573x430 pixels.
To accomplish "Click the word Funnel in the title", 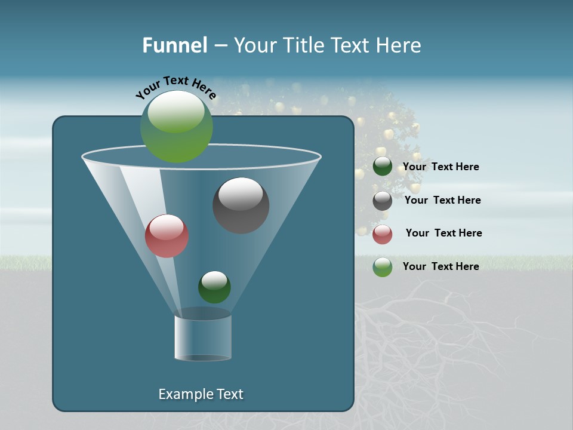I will click(174, 45).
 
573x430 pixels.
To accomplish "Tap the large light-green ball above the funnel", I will click(177, 127).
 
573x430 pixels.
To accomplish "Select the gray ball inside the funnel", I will click(241, 205).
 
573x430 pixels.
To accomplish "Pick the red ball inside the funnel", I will click(167, 236).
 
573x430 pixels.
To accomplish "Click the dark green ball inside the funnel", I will click(214, 287).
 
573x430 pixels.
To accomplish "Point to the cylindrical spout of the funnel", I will click(203, 337).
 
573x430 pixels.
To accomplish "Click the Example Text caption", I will click(201, 394).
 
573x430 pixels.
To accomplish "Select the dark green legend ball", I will click(383, 167).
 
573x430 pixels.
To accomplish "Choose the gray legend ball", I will click(383, 201).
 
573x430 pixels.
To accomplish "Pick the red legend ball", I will click(383, 234).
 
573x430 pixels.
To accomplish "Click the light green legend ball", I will click(383, 267).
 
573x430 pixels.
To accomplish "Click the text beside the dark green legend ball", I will click(440, 167).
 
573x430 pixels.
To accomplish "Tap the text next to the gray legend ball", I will click(442, 200).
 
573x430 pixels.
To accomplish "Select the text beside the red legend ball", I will click(443, 233).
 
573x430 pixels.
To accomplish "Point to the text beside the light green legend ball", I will click(440, 266).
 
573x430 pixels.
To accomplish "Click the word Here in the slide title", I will click(399, 45).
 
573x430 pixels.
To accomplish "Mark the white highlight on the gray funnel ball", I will click(241, 194).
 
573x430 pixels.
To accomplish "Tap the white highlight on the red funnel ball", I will click(166, 227).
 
